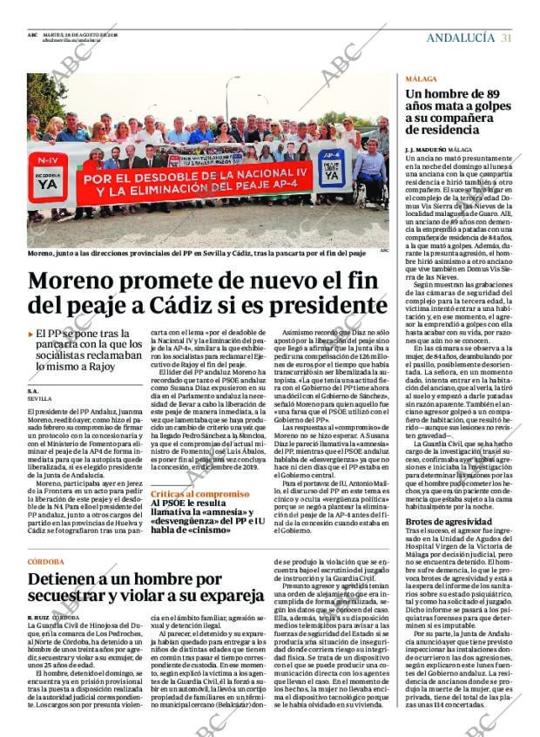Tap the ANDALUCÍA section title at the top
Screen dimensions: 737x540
coord(460,37)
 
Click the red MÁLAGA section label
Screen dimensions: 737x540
coord(421,78)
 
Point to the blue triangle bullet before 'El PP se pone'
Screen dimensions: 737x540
coord(30,334)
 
